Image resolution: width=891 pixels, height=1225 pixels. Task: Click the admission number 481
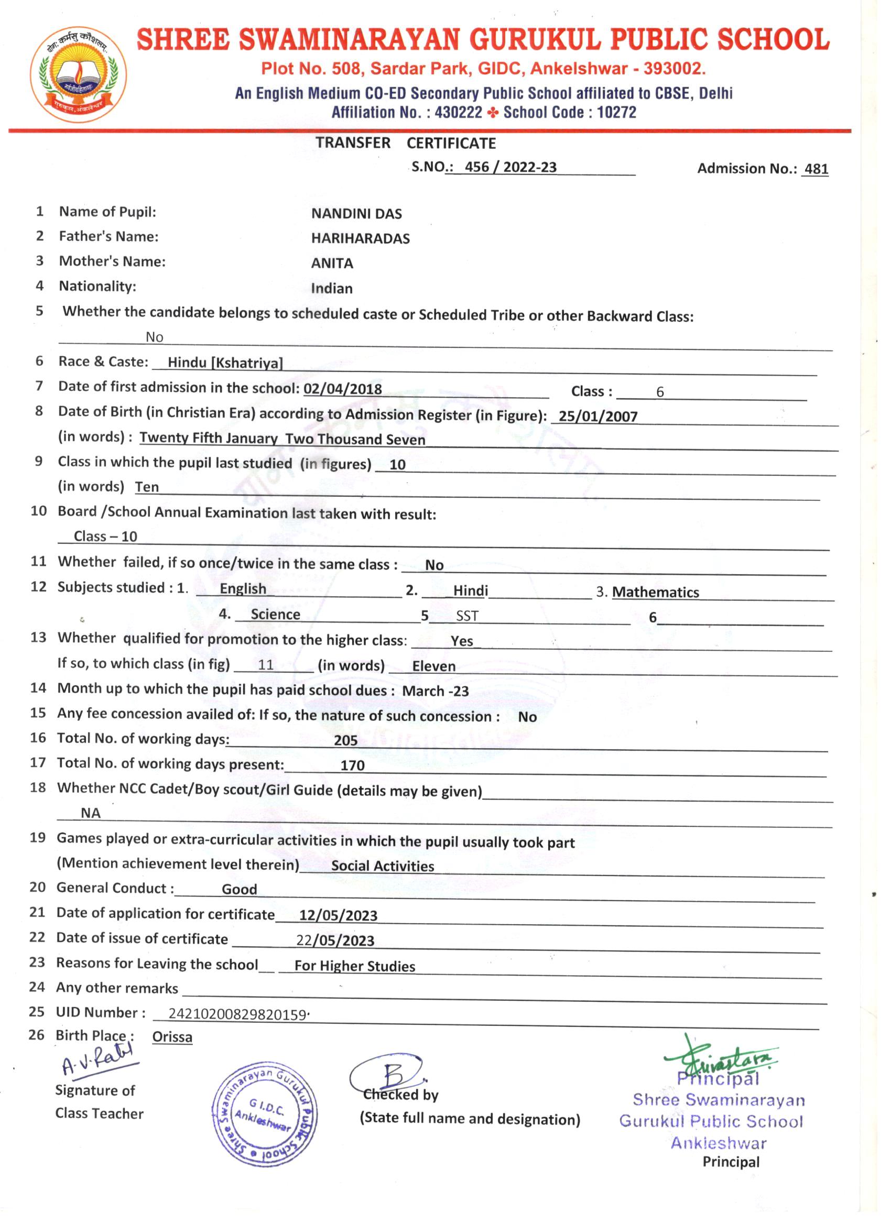pyautogui.click(x=816, y=169)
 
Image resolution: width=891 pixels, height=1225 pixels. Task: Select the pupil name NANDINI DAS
pyautogui.click(x=356, y=214)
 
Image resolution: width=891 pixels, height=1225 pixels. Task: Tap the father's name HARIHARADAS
pyautogui.click(x=361, y=239)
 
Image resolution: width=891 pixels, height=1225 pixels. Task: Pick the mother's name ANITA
pyautogui.click(x=332, y=264)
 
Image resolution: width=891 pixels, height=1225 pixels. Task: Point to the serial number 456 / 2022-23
pyautogui.click(x=510, y=168)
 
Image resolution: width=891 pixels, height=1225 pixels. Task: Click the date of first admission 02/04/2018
pyautogui.click(x=343, y=389)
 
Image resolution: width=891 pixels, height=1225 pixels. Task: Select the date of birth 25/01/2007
pyautogui.click(x=597, y=417)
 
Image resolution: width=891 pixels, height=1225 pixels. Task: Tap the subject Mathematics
pyautogui.click(x=656, y=593)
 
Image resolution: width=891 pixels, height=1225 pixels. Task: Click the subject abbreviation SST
pyautogui.click(x=467, y=616)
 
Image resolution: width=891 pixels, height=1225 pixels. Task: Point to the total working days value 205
pyautogui.click(x=345, y=740)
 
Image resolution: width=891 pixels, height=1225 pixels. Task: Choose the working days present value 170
pyautogui.click(x=352, y=765)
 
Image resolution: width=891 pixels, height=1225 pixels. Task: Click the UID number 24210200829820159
pyautogui.click(x=238, y=1014)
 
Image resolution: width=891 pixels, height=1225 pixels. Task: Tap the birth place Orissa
pyautogui.click(x=172, y=1037)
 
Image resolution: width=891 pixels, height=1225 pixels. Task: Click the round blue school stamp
pyautogui.click(x=264, y=1118)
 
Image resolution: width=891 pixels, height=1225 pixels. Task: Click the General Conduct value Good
pyautogui.click(x=240, y=890)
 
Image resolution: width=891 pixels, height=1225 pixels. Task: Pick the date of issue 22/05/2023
pyautogui.click(x=335, y=940)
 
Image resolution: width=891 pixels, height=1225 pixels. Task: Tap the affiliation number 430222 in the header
pyautogui.click(x=458, y=113)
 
